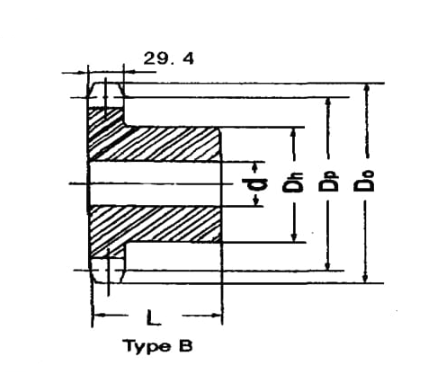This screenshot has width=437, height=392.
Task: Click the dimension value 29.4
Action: click(169, 58)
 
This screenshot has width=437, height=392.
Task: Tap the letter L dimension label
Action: click(154, 317)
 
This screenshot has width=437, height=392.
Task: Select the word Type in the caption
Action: click(147, 347)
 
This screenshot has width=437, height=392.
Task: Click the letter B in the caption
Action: click(186, 346)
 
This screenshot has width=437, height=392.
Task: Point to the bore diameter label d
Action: click(254, 184)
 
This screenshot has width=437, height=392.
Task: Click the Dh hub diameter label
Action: click(293, 183)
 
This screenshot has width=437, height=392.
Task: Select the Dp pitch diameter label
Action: click(328, 182)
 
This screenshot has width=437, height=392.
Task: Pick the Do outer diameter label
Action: click(363, 182)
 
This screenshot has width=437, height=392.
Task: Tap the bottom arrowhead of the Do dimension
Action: click(365, 278)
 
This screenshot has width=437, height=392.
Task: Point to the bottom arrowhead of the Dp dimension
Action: click(328, 265)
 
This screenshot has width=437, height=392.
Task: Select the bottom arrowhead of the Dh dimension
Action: click(294, 236)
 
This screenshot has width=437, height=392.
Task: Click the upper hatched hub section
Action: click(153, 141)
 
